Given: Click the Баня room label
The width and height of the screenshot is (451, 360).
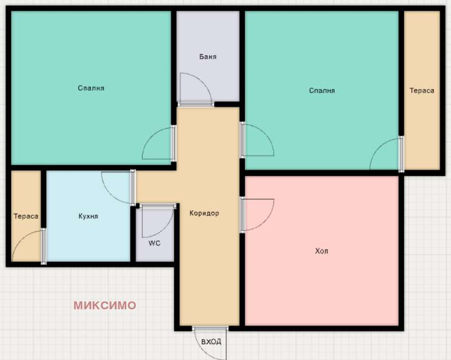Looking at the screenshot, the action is [207, 57].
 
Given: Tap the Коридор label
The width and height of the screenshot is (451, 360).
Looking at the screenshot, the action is [204, 213].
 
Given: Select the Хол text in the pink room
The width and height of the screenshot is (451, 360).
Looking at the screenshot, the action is [321, 251].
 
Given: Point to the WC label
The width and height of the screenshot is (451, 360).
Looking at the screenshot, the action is [154, 243].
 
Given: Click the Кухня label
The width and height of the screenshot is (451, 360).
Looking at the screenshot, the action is [89, 216].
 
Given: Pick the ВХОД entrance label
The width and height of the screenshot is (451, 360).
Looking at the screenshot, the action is [211, 341].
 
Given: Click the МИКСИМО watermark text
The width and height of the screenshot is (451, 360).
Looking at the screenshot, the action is [105, 305].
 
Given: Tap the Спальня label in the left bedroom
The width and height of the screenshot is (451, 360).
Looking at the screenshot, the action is [91, 88].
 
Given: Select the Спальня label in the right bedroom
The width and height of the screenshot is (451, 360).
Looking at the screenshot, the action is [322, 91].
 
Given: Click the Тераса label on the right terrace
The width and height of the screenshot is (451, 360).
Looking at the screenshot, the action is [422, 91].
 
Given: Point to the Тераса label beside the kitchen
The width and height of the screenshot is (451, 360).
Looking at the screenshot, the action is [26, 216].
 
